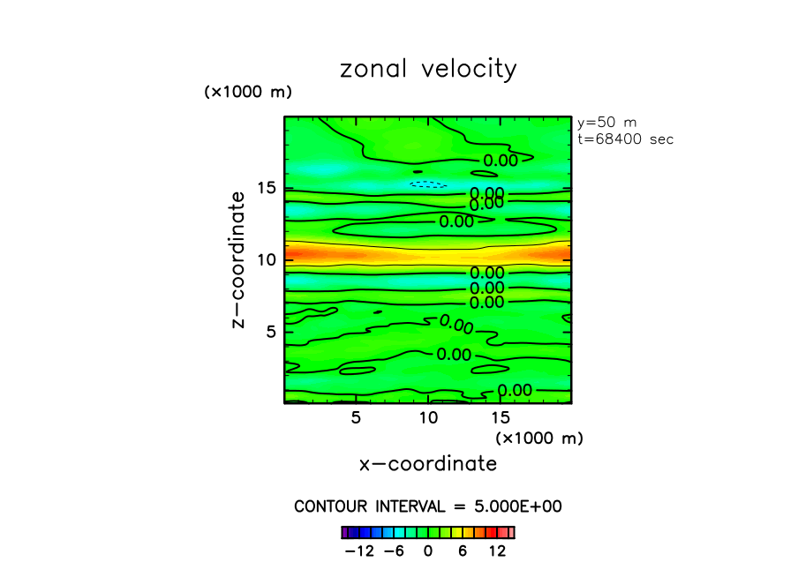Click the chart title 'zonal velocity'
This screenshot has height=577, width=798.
[x=428, y=70]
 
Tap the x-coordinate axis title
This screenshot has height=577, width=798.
[x=428, y=463]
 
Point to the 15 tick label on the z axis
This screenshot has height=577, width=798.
[x=267, y=188]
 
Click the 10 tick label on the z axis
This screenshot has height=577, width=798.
[x=267, y=259]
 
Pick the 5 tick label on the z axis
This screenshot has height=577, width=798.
[x=271, y=332]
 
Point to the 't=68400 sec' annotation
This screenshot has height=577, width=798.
[x=624, y=139]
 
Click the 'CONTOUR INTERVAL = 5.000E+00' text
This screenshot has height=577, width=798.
[x=428, y=506]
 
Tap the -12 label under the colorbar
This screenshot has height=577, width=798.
[x=358, y=551]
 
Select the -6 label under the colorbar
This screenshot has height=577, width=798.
[x=395, y=551]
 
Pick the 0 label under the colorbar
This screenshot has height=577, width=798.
[x=428, y=551]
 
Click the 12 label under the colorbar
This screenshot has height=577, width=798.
[x=496, y=551]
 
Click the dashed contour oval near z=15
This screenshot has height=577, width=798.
[x=428, y=184]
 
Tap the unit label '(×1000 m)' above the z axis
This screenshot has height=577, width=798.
[x=247, y=92]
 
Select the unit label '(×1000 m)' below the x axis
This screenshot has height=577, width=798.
[x=539, y=438]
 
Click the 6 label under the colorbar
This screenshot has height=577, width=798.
[x=462, y=551]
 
